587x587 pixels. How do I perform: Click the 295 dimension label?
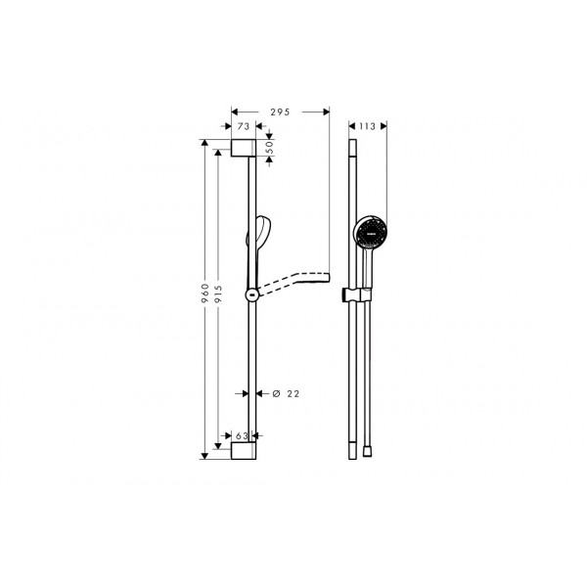[x=281, y=112]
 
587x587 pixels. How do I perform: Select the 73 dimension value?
[x=244, y=126]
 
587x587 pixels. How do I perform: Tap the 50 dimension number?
[x=270, y=149]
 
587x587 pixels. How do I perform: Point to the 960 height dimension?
[x=204, y=293]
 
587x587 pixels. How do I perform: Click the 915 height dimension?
[x=218, y=293]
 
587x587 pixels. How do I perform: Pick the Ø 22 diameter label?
[x=286, y=394]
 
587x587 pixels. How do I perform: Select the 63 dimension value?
[x=242, y=435]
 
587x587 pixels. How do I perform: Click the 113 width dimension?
[x=367, y=126]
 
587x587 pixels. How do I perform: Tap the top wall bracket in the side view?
[x=244, y=148]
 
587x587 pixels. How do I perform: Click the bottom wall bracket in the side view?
[x=244, y=451]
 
